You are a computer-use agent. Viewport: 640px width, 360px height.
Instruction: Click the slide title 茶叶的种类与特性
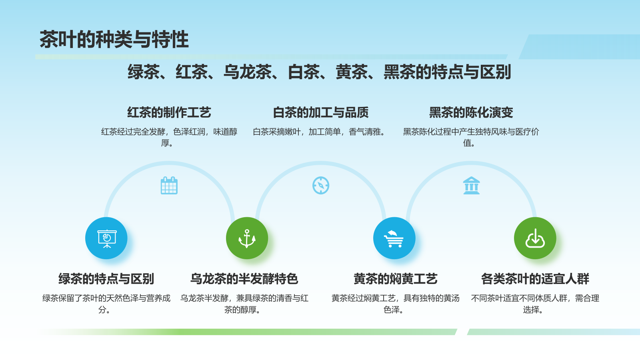(114, 39)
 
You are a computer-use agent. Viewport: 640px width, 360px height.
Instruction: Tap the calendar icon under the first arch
(169, 186)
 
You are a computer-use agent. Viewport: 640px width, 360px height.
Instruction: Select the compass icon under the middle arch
(320, 186)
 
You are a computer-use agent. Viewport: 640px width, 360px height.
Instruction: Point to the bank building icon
(472, 186)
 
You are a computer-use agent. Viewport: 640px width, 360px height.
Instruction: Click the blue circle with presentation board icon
(106, 238)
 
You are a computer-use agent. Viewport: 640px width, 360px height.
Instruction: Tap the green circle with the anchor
(247, 238)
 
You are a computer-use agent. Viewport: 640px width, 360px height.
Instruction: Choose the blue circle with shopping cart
(394, 238)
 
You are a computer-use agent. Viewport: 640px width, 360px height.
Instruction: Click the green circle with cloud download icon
(535, 238)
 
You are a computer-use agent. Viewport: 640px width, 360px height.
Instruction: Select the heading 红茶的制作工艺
(169, 112)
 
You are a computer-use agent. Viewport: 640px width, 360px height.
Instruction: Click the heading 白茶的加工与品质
(320, 112)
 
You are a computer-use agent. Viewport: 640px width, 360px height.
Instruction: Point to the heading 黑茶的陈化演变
(471, 112)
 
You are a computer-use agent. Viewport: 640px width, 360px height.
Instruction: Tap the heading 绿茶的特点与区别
(106, 278)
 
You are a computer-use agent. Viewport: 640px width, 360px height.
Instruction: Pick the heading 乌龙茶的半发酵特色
(244, 278)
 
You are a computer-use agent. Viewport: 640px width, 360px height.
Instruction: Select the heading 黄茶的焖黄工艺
(396, 278)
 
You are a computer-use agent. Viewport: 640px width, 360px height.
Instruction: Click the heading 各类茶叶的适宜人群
(535, 278)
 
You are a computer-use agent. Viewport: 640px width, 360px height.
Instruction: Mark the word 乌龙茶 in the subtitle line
(248, 72)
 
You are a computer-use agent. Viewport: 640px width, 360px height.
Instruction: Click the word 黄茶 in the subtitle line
(351, 72)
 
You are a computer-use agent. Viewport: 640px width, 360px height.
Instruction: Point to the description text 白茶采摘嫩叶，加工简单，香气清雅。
(320, 132)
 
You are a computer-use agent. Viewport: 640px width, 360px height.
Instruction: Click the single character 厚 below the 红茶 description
(165, 143)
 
